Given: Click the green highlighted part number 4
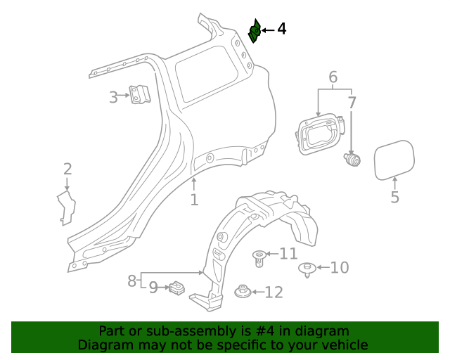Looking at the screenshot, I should (255, 32).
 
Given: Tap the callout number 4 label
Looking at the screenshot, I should (281, 29).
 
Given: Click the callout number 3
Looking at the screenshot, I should (113, 98).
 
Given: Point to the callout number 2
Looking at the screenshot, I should (67, 169).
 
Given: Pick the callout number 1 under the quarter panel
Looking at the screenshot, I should (194, 200).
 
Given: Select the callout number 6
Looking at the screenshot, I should (333, 77).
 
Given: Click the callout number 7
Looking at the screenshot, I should (352, 103).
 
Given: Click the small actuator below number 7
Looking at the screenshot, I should (352, 160).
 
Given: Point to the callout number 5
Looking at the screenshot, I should (394, 198).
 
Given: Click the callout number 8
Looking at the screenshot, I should (132, 281).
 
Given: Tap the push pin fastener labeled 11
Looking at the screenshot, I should (259, 257).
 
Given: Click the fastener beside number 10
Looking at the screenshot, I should (307, 269).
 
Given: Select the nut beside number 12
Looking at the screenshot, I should (243, 292).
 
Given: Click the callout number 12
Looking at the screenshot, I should (274, 292).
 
